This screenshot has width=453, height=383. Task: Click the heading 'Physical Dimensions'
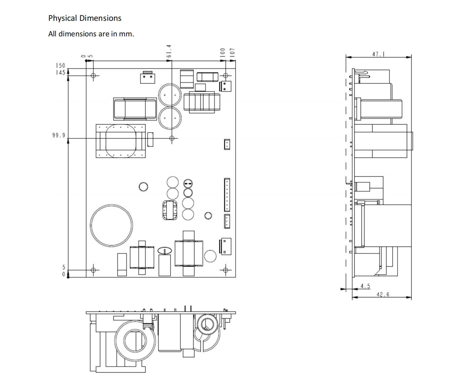tap(85, 18)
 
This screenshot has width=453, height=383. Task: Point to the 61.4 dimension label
tap(169, 51)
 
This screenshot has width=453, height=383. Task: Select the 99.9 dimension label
tap(59, 135)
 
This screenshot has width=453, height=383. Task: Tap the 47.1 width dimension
tap(378, 54)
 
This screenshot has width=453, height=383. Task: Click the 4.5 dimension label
tap(365, 286)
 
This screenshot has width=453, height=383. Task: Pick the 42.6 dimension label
tap(383, 294)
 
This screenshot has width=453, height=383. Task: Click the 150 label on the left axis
tap(60, 65)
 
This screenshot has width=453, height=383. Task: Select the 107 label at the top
tap(232, 52)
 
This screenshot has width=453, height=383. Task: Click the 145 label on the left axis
tap(60, 72)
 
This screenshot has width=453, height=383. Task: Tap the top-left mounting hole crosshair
tap(93, 76)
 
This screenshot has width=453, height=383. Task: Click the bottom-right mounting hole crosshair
tap(225, 270)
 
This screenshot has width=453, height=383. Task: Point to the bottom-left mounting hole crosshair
tap(93, 270)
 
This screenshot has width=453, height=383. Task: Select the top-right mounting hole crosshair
tap(225, 76)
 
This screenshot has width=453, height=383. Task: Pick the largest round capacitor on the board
tap(111, 225)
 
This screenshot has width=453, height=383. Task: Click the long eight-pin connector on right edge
tap(227, 195)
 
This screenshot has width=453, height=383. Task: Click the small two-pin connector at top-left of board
tap(148, 78)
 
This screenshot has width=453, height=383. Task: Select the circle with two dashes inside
tap(188, 183)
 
